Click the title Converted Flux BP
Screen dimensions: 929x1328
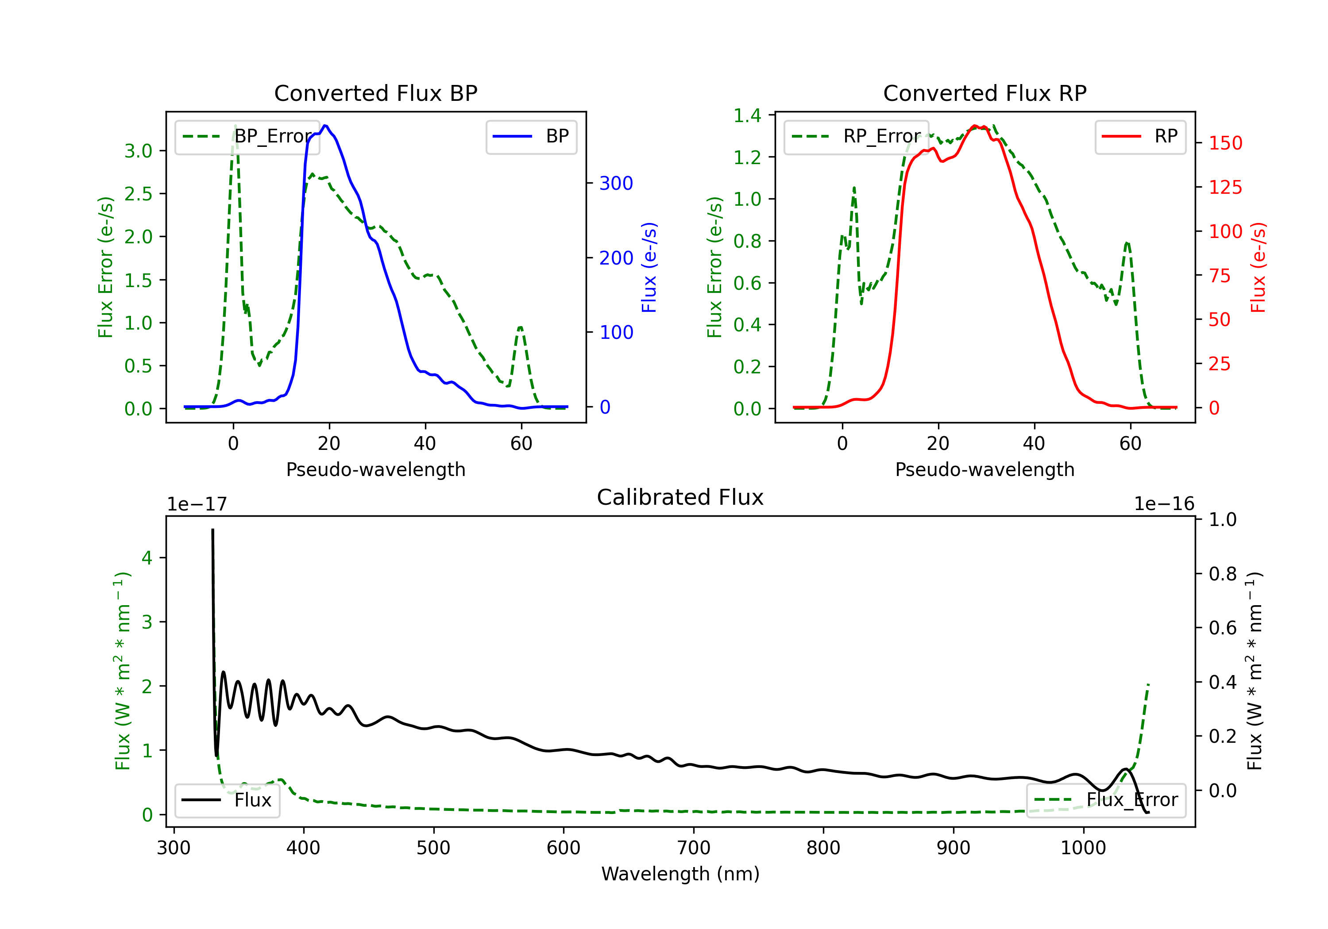(x=375, y=93)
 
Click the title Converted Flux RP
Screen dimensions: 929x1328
(x=984, y=93)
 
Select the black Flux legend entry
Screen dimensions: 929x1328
(x=228, y=800)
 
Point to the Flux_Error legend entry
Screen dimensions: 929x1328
(x=1106, y=800)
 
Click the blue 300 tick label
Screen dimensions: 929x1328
(x=616, y=183)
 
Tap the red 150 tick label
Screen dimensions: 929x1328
(x=1225, y=143)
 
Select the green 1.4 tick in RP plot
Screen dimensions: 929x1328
(x=747, y=115)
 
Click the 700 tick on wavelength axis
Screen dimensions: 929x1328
(x=694, y=848)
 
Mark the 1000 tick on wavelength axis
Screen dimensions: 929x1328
(x=1083, y=848)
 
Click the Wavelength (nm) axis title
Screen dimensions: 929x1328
(x=680, y=874)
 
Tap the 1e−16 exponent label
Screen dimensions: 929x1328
(x=1164, y=504)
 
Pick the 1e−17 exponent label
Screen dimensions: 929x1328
(x=197, y=504)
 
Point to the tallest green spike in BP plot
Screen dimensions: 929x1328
(x=235, y=126)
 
